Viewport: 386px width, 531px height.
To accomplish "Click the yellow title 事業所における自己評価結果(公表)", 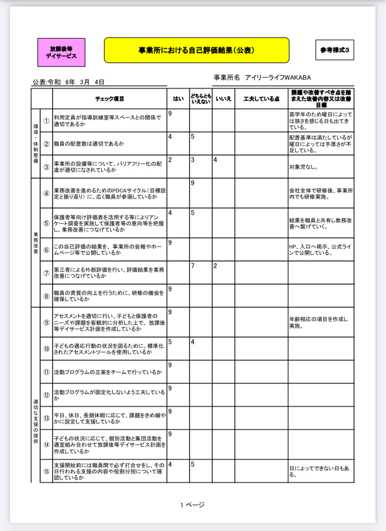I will [x=196, y=50].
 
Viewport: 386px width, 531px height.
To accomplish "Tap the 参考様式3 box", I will [x=335, y=50].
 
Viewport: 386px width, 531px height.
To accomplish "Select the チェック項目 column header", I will [x=110, y=98].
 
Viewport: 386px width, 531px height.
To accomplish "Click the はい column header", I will [x=178, y=98].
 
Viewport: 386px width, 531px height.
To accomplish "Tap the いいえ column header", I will [x=223, y=98].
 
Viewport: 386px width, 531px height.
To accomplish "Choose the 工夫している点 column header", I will [x=261, y=98].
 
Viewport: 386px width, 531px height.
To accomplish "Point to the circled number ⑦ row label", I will [x=46, y=273].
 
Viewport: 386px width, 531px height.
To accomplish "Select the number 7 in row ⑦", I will [x=192, y=265].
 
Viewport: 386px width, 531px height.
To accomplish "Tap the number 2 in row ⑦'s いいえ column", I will [x=215, y=265].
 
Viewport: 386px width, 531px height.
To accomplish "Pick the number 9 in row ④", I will [x=192, y=183].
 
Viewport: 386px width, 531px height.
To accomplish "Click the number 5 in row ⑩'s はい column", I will [x=170, y=342].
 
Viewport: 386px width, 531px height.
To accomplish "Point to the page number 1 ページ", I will [x=192, y=505].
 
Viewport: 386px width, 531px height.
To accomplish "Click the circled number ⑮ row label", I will [x=46, y=471].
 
